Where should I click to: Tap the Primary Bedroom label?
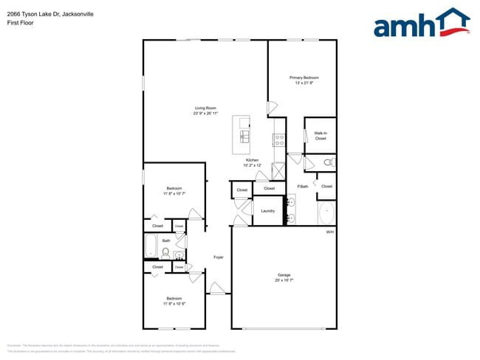point(304,77)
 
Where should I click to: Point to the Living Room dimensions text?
point(205,114)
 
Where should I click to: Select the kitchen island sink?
point(244,136)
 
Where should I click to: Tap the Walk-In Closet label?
point(320,136)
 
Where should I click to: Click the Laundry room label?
point(267,211)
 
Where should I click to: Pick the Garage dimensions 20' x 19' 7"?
point(284,280)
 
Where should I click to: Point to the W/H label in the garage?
point(330,232)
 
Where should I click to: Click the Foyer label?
point(219,257)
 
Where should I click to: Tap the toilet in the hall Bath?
point(165,253)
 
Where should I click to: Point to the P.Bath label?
point(303,186)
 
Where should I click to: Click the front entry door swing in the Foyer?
point(217,288)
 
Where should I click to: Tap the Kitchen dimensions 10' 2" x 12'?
point(253,165)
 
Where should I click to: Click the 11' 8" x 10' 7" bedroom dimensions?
point(174,193)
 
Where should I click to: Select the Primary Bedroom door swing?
point(272,106)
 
